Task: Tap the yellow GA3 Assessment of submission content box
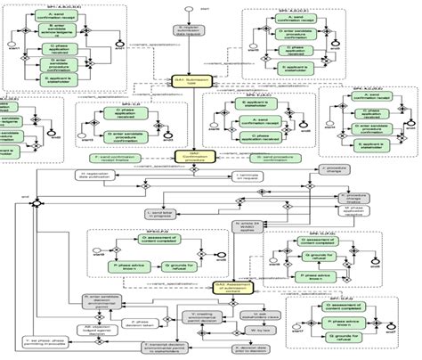232,284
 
